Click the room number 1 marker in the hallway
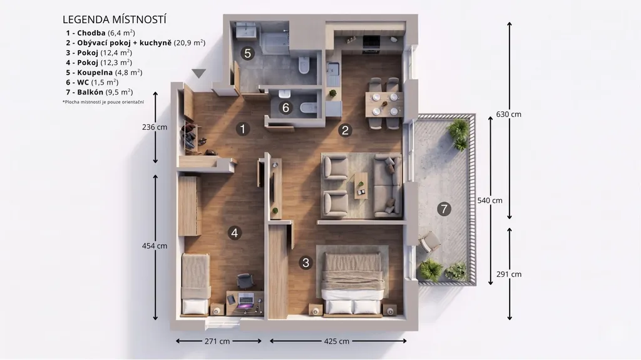coord(243,129)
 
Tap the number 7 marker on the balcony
coord(444,209)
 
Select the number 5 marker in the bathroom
coord(247,53)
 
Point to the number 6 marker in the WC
coord(285,108)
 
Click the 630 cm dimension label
coord(508,115)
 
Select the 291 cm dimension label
coord(509,274)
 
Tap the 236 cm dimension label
coord(155,127)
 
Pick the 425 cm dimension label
coord(337,341)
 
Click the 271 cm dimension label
coord(217,341)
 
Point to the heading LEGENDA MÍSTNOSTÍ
coord(115,19)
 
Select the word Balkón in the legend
coord(90,92)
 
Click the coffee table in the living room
coord(361,185)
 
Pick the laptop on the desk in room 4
coord(246,301)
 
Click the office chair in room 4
coord(245,281)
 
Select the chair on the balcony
coord(429,242)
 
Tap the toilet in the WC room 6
coord(309,108)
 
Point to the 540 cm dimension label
coord(490,200)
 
